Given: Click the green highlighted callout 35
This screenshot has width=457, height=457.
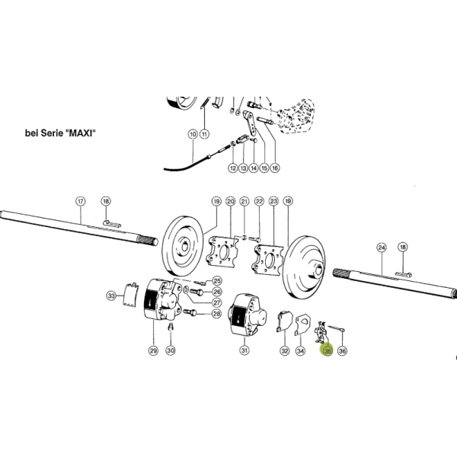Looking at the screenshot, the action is point(328,350).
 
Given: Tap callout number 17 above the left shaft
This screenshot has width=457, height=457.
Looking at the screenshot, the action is point(81,201).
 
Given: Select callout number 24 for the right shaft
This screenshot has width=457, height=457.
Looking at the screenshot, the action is point(382,248).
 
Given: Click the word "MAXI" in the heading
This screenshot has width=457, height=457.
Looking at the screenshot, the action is point(80,133).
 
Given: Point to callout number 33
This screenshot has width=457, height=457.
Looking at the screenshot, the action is point(111,296).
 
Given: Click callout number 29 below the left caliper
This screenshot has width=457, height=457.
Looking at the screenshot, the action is point(153,350).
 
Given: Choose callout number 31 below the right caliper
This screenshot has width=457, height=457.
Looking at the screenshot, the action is point(244,350).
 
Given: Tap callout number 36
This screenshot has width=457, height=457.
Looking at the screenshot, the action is point(342,350).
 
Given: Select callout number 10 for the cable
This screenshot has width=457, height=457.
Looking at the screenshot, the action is point(193,134).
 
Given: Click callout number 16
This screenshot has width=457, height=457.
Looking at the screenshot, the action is point(274,168).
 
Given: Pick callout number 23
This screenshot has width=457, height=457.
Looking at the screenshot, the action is point(273,201).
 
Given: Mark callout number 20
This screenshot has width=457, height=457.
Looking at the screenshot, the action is point(231,201).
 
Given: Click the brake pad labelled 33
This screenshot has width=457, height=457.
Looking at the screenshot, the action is point(130,294).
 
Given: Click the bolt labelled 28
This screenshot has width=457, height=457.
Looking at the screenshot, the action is point(190,313).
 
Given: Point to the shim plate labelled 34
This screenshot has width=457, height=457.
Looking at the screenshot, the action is point(302,324).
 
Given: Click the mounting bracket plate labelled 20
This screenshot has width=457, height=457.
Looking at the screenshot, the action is point(222,251).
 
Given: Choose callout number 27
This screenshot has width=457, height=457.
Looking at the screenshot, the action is point(217,302).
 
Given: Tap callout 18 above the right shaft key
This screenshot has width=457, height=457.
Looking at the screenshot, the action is point(402,247).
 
